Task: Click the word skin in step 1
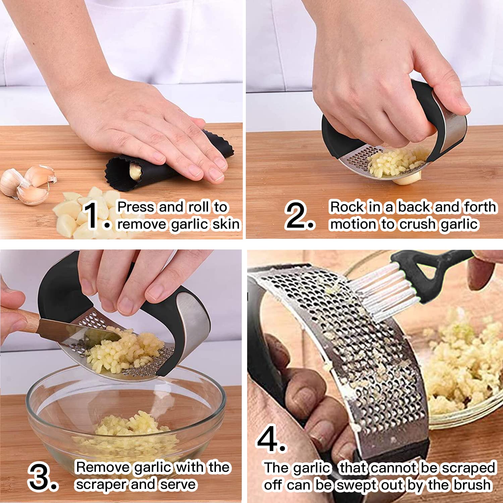click(226, 224)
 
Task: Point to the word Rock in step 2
click(347, 207)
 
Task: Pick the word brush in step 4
click(473, 485)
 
